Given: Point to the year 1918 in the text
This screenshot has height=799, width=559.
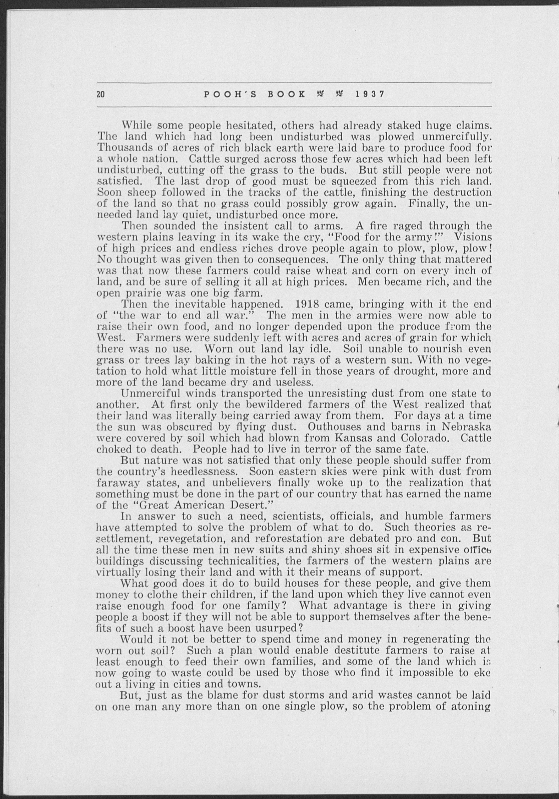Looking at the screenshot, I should point(307,304).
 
